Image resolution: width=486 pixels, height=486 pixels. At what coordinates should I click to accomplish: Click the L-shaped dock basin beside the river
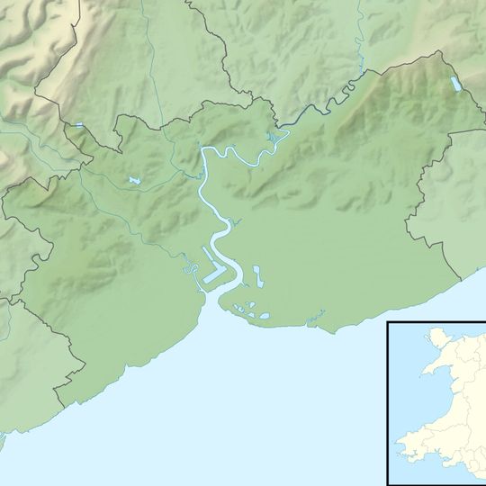tap(212, 269)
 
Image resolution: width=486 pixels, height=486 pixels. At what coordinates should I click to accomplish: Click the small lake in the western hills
tap(134, 181)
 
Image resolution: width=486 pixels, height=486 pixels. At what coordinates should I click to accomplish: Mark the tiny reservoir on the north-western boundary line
tap(79, 126)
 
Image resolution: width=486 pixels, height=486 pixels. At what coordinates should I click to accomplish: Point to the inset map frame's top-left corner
tap(388, 320)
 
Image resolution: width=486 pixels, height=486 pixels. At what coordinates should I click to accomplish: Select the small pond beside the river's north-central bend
tap(269, 136)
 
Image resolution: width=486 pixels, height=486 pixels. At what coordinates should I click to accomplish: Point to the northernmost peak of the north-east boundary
tap(441, 51)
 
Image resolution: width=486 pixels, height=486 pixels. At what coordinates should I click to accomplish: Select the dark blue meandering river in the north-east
tap(315, 110)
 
